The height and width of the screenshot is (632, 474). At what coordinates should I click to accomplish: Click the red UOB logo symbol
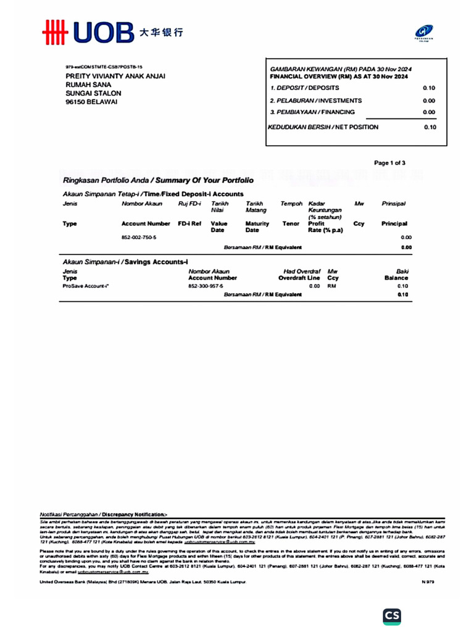(54, 32)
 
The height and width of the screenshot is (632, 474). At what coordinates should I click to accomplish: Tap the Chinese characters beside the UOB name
(161, 31)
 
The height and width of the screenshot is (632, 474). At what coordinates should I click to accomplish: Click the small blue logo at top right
(424, 30)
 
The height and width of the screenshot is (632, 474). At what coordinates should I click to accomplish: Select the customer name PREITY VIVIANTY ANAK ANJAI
(115, 76)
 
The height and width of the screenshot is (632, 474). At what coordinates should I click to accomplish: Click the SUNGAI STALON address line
(93, 93)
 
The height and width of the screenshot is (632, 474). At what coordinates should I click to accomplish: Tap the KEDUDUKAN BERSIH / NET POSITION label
(323, 127)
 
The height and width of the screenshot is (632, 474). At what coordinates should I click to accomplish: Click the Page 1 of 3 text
(389, 163)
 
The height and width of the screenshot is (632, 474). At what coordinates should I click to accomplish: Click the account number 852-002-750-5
(139, 237)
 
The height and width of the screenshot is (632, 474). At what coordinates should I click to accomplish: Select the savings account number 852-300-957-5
(206, 286)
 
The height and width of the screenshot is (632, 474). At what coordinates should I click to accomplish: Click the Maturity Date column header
(257, 227)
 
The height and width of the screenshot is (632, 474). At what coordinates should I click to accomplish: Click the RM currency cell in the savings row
(331, 286)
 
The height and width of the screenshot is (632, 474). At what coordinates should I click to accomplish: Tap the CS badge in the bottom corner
(392, 615)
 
